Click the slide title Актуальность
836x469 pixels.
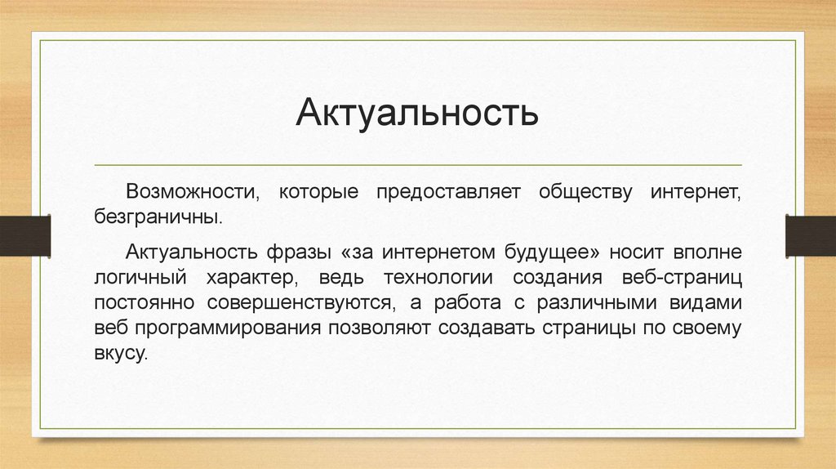[x=417, y=113]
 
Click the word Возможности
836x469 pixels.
[x=193, y=191]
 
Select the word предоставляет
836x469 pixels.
[x=448, y=192]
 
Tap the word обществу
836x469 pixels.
[x=585, y=192]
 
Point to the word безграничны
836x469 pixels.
[x=158, y=217]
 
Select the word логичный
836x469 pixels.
[x=140, y=278]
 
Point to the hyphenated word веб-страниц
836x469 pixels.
[x=682, y=278]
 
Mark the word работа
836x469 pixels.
[x=467, y=302]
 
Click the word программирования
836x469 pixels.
[x=228, y=328]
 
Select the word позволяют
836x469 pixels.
[x=379, y=328]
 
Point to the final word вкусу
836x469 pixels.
[x=121, y=353]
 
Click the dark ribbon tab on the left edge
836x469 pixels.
[x=25, y=236]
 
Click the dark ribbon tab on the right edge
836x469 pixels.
[x=811, y=235]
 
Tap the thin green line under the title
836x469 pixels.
[x=418, y=165]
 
